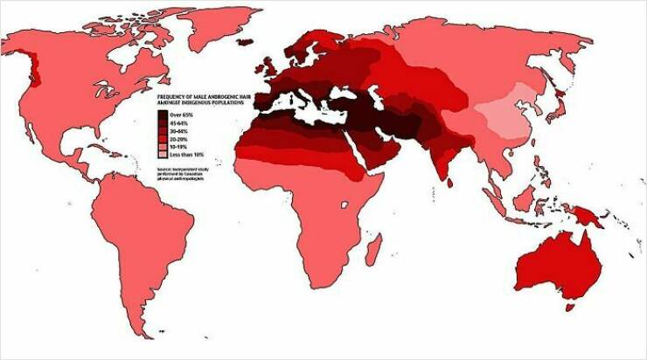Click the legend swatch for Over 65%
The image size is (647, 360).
coord(163,115)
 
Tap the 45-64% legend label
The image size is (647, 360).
coord(180,123)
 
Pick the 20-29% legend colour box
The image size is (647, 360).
coord(163,139)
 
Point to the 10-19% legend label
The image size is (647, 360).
coord(180,147)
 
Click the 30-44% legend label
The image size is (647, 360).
coord(180,131)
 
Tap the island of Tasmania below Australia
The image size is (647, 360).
coord(571,306)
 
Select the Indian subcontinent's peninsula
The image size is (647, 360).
coord(442,170)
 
